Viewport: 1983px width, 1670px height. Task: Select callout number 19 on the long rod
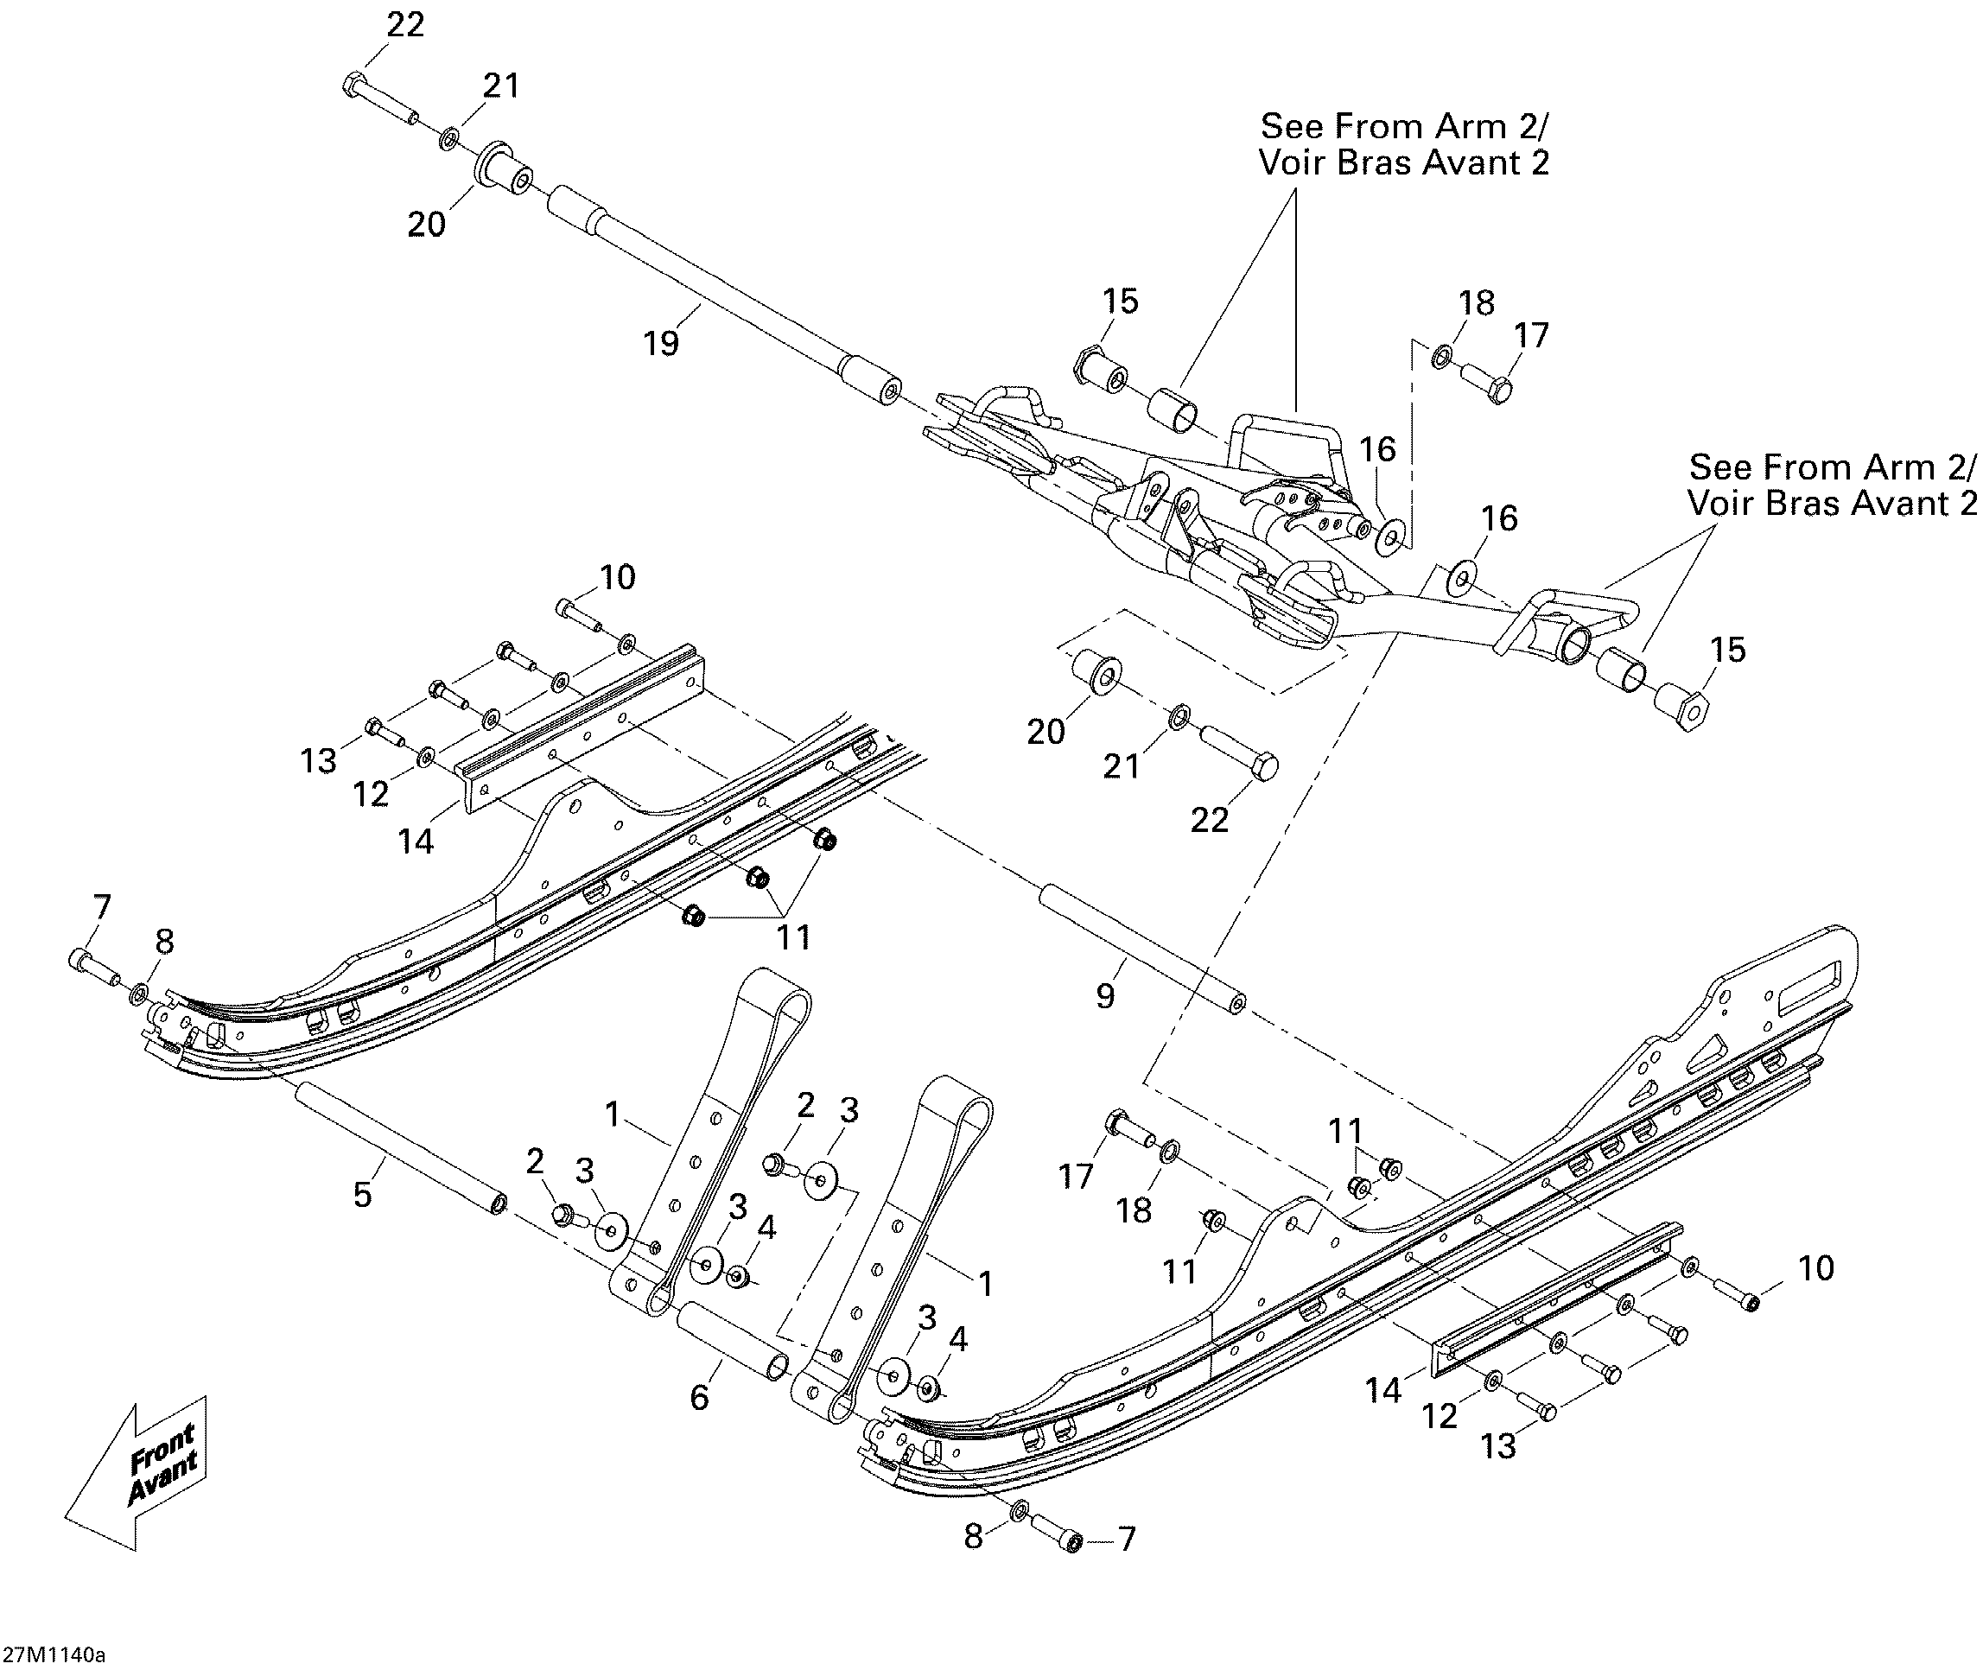pos(661,343)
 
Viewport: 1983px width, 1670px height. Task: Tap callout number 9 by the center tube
pos(1105,996)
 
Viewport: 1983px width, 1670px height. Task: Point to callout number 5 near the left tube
pos(363,1195)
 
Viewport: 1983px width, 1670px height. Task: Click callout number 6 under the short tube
pos(699,1397)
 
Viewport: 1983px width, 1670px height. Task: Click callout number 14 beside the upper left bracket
pos(416,841)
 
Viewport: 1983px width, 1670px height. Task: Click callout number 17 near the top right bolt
pos(1531,335)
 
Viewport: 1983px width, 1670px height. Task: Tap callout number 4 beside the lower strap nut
pos(958,1340)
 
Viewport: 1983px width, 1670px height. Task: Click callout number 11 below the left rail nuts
pos(793,937)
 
